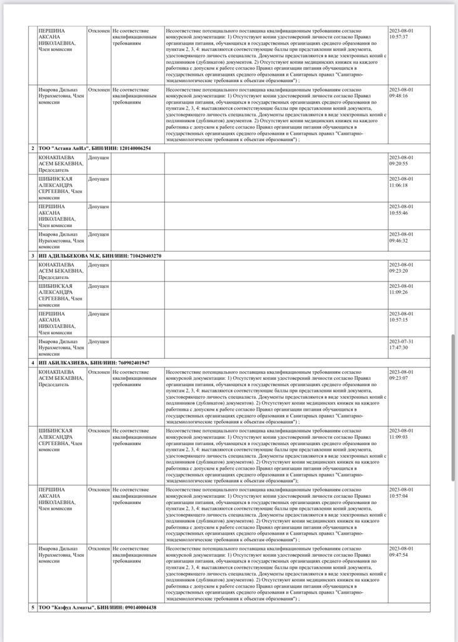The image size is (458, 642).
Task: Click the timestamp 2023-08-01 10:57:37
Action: coord(401,33)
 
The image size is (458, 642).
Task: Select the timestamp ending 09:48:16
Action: coord(401,92)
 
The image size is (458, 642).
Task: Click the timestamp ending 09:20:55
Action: coord(401,160)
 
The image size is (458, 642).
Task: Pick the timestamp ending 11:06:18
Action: coord(401,182)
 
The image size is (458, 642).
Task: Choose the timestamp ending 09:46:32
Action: coord(401,237)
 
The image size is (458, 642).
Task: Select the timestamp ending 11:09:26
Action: coord(401,289)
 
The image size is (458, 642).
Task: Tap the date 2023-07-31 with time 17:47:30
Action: coord(401,344)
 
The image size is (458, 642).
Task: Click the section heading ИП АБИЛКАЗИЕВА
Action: coord(63,362)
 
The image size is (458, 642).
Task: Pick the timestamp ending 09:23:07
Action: coord(401,374)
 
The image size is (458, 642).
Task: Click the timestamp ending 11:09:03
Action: coord(401,433)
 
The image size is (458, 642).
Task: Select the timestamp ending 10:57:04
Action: coord(401,492)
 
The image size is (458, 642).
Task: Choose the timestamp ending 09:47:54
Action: coord(401,551)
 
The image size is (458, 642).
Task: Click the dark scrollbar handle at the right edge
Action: coord(454,408)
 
